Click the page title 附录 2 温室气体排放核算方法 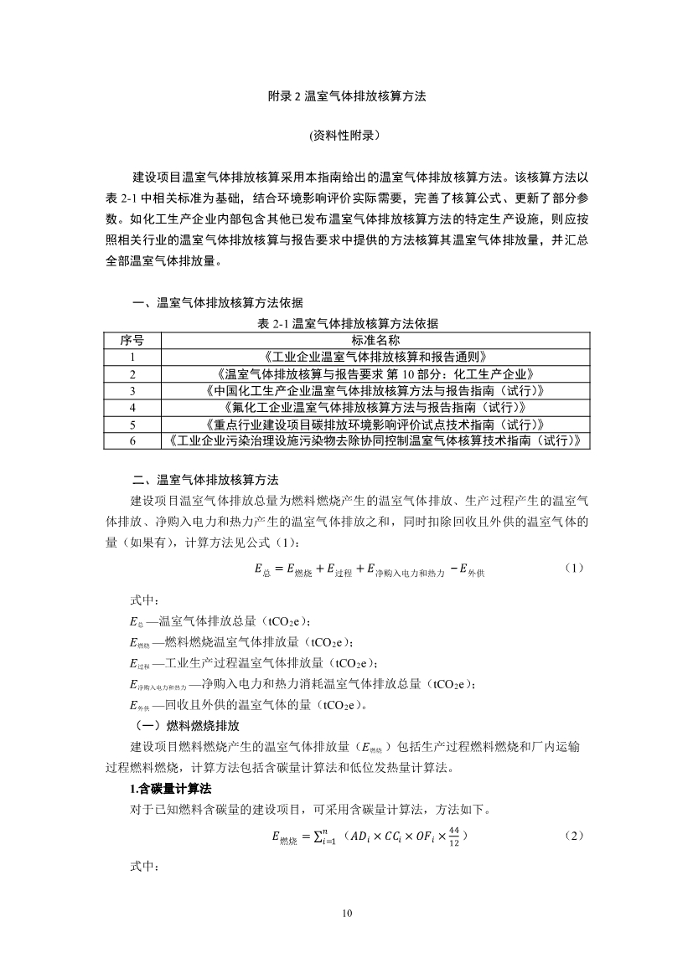pyautogui.click(x=347, y=96)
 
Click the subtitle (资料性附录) pyautogui.click(x=346, y=134)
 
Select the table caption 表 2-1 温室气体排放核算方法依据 pyautogui.click(x=347, y=323)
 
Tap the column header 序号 pyautogui.click(x=132, y=340)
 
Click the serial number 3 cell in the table pyautogui.click(x=132, y=390)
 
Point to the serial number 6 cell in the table pyautogui.click(x=132, y=440)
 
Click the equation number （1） pyautogui.click(x=573, y=568)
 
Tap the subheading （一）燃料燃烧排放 pyautogui.click(x=181, y=725)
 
